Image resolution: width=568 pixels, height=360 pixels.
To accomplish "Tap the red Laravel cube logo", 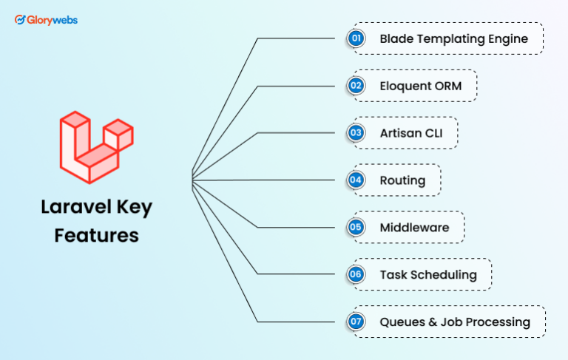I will click(96, 146).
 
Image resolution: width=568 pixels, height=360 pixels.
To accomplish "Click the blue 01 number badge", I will click(356, 38).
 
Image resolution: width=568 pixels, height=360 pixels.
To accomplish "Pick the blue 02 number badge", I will click(356, 86).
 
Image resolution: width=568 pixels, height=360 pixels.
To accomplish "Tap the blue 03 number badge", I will click(356, 133).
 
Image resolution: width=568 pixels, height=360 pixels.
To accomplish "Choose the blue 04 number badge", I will click(356, 180).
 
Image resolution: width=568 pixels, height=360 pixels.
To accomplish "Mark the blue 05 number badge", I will click(356, 228).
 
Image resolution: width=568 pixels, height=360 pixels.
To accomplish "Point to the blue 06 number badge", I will click(356, 275).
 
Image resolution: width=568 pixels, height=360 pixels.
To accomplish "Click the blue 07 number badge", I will click(356, 322).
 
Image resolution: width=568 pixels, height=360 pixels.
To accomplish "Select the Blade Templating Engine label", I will click(453, 38).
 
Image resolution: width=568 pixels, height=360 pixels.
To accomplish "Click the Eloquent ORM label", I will click(420, 86).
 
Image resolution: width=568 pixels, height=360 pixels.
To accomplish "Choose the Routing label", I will click(402, 180).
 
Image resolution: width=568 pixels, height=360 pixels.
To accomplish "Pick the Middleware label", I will click(414, 228).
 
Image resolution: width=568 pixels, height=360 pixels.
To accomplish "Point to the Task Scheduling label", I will click(428, 275).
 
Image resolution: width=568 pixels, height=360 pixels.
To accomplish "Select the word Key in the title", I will click(133, 207).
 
